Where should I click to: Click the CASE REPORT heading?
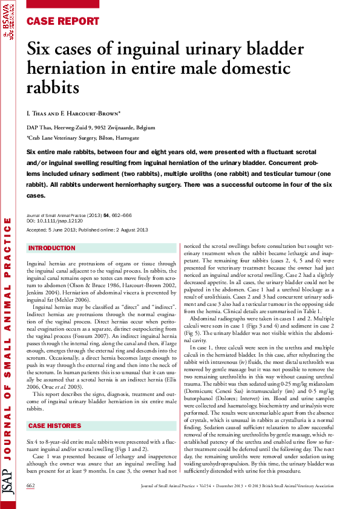tap(63, 21)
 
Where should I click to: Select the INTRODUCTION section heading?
tap(52, 248)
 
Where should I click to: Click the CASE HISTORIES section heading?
tap(55, 392)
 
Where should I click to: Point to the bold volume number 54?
tap(105, 216)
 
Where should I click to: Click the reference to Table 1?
tap(312, 310)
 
